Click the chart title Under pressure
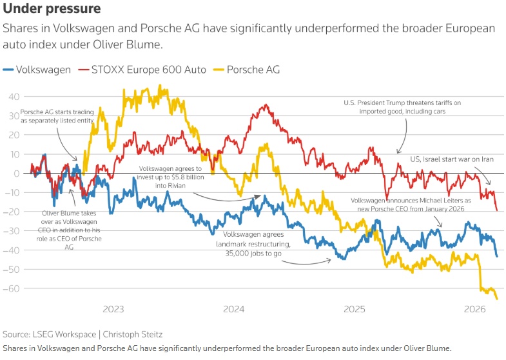click(x=52, y=10)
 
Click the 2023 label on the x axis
click(x=113, y=309)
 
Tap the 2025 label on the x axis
click(x=355, y=309)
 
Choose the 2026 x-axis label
click(x=475, y=309)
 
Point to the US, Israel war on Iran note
click(x=447, y=158)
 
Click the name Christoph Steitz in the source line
click(x=133, y=334)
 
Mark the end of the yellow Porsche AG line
click(x=497, y=298)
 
